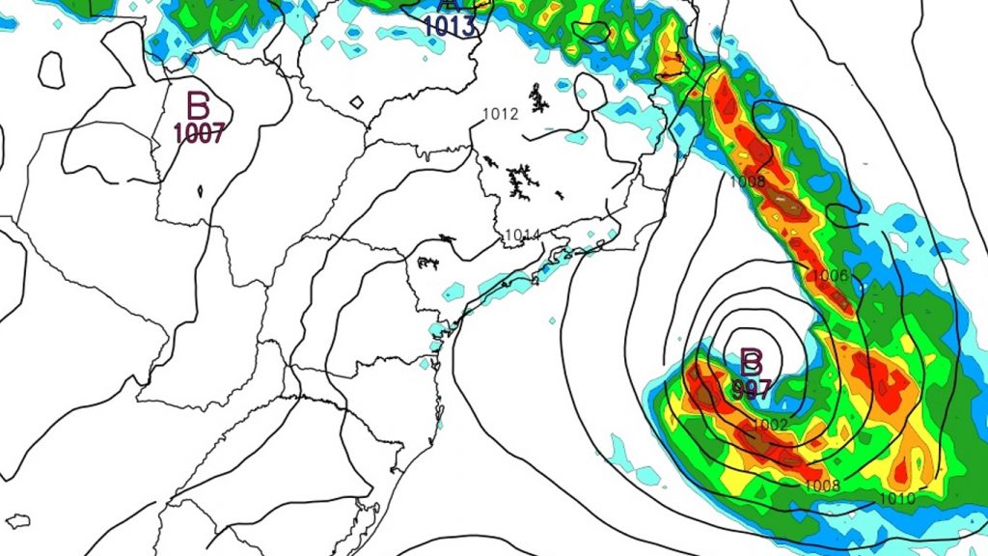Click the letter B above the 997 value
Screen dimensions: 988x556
click(752, 363)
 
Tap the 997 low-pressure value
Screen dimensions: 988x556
click(752, 389)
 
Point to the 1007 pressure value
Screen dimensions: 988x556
click(199, 133)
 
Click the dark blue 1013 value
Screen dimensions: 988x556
click(450, 26)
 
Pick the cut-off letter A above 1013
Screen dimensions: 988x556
click(446, 5)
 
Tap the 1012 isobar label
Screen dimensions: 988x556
click(501, 114)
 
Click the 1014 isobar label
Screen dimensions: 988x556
click(521, 235)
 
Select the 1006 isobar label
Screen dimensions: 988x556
click(830, 276)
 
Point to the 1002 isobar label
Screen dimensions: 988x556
click(771, 425)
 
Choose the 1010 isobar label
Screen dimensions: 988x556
click(897, 499)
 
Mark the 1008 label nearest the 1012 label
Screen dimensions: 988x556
click(748, 181)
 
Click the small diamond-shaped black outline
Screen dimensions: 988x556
click(356, 101)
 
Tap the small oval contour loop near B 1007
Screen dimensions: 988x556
click(51, 68)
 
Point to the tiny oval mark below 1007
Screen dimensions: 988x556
click(200, 191)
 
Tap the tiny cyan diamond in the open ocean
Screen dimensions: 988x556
click(551, 320)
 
